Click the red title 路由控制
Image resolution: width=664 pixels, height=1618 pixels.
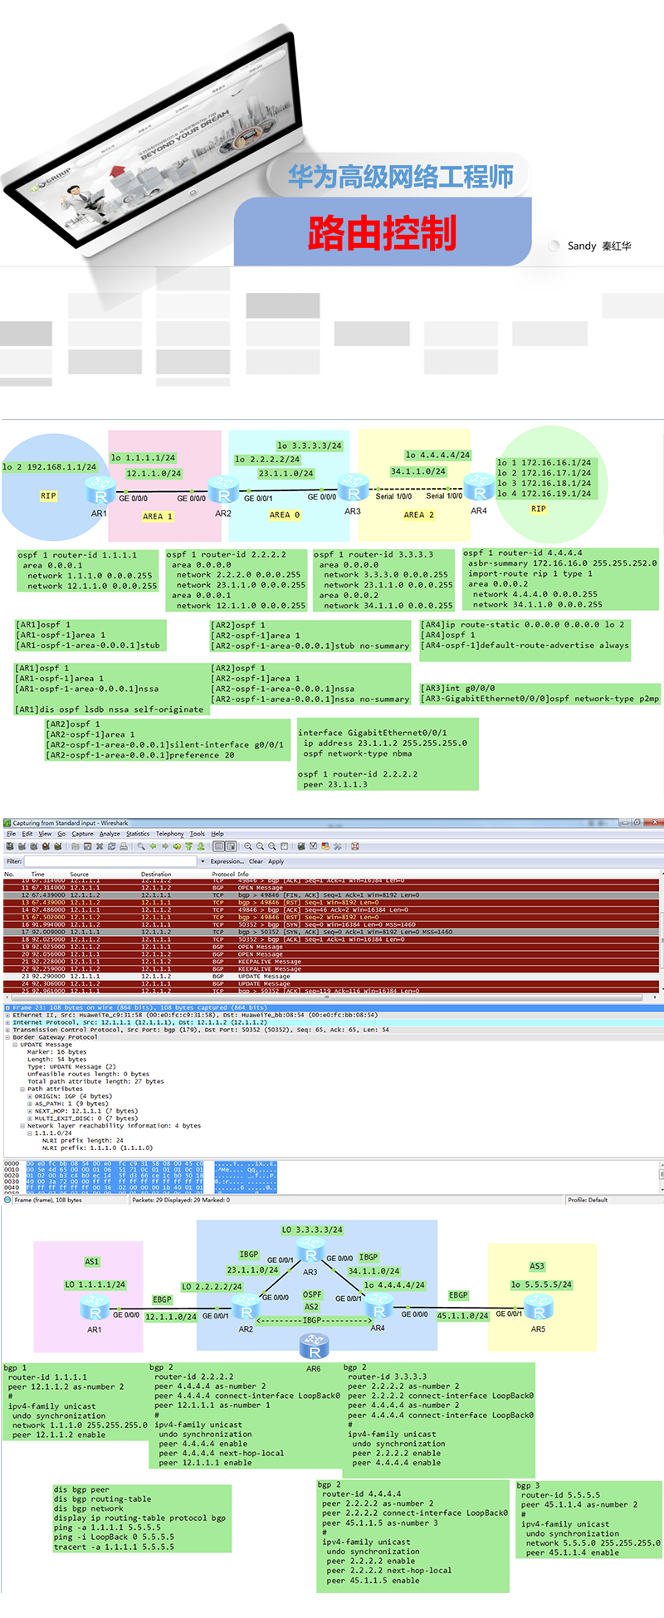pyautogui.click(x=382, y=232)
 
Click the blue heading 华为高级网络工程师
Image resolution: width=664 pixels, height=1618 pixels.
pyautogui.click(x=401, y=176)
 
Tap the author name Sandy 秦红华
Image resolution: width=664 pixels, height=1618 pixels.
pyautogui.click(x=598, y=246)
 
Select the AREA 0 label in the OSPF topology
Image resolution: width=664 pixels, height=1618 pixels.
pyautogui.click(x=285, y=514)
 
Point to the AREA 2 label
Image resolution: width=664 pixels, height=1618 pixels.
pyautogui.click(x=419, y=514)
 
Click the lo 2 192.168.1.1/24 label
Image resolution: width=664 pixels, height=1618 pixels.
pyautogui.click(x=50, y=467)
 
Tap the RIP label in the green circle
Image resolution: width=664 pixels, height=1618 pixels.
pyautogui.click(x=539, y=509)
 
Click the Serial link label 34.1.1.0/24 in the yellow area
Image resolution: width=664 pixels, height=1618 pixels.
pyautogui.click(x=417, y=471)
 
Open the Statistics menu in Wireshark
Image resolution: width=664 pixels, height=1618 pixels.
pyautogui.click(x=138, y=834)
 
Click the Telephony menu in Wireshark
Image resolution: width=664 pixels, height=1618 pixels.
pyautogui.click(x=169, y=834)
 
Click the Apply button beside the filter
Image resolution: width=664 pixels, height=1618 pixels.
pyautogui.click(x=276, y=861)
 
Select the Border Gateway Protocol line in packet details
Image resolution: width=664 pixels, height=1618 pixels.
pyautogui.click(x=55, y=1037)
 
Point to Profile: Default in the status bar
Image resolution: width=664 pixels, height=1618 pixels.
pyautogui.click(x=588, y=1200)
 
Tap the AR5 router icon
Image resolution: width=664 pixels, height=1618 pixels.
pyautogui.click(x=539, y=1311)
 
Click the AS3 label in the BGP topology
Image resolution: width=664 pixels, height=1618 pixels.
pyautogui.click(x=537, y=1266)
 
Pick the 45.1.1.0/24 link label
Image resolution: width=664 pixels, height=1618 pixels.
pyautogui.click(x=462, y=1316)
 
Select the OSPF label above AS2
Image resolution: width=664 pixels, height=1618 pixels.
pyautogui.click(x=312, y=1294)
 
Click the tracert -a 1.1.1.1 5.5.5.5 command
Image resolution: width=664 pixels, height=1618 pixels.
pyautogui.click(x=114, y=1547)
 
